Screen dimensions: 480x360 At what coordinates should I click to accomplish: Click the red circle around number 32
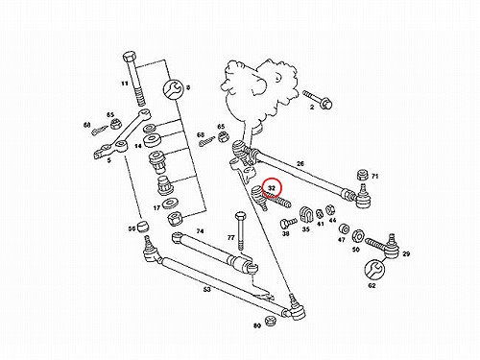point(272,187)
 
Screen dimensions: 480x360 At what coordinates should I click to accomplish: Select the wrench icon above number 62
point(374,269)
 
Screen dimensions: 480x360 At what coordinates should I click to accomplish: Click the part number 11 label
point(125,84)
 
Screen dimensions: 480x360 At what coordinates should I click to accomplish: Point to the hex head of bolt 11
point(129,59)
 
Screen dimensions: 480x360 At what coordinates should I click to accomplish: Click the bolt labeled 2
point(318,99)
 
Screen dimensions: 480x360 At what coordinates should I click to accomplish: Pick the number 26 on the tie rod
point(300,164)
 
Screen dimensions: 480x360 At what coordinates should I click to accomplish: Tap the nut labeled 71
point(362,176)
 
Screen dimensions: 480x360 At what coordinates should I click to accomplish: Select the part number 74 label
point(200,231)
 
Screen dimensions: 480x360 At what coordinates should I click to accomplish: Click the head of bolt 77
point(240,216)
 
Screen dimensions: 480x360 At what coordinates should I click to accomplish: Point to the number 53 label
point(207,290)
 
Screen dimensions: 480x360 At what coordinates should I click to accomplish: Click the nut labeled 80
point(271,321)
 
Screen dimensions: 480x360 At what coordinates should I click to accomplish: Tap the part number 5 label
point(109,160)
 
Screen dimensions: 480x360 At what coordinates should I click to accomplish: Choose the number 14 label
point(138,146)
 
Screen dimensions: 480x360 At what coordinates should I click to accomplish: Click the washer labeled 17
point(168,204)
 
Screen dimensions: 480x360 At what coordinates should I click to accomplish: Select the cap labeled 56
point(143,226)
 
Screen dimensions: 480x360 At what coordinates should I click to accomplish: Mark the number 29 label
point(406,254)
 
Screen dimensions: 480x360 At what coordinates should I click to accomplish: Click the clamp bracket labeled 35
point(305,216)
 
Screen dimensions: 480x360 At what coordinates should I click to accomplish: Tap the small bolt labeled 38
point(288,222)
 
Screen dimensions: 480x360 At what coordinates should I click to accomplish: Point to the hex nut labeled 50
point(357,236)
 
